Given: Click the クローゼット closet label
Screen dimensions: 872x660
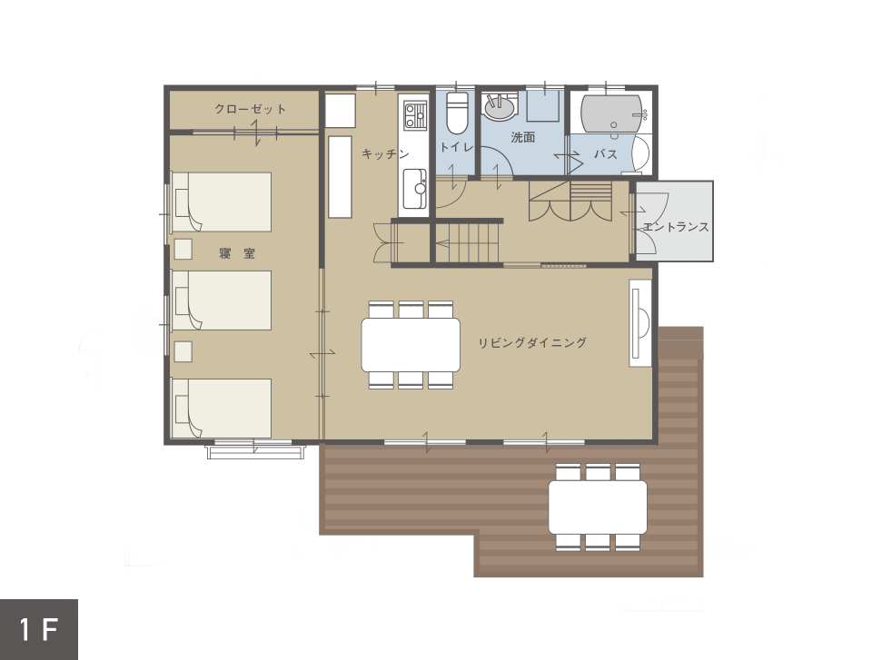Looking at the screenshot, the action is click(251, 109).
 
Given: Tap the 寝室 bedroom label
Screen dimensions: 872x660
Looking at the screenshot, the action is click(237, 253).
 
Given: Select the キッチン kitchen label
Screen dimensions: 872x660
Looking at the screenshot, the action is click(385, 153).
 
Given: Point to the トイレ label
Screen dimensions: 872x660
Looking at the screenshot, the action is click(456, 147).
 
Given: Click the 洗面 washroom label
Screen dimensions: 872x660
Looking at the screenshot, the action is click(523, 137).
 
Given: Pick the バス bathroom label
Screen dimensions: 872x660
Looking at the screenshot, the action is click(605, 153).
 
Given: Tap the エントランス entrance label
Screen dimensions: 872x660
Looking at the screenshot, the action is click(676, 227).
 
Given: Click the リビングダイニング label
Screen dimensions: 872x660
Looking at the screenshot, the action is click(532, 342).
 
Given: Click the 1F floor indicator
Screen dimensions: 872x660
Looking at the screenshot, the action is click(38, 629).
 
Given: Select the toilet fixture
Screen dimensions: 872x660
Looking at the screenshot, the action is click(457, 113).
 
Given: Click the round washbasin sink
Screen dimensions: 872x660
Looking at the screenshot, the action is click(499, 107).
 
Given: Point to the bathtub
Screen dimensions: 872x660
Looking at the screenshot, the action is click(611, 114).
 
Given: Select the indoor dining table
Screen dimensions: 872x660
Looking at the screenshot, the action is click(411, 345).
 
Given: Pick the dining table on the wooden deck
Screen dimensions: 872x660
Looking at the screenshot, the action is click(598, 507).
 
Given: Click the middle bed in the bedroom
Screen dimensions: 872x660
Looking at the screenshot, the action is click(222, 300).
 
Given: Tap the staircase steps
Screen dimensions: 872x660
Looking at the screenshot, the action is click(469, 242).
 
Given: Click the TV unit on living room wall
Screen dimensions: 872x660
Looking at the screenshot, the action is click(640, 323).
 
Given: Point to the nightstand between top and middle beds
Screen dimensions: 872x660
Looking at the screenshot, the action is click(183, 249).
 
